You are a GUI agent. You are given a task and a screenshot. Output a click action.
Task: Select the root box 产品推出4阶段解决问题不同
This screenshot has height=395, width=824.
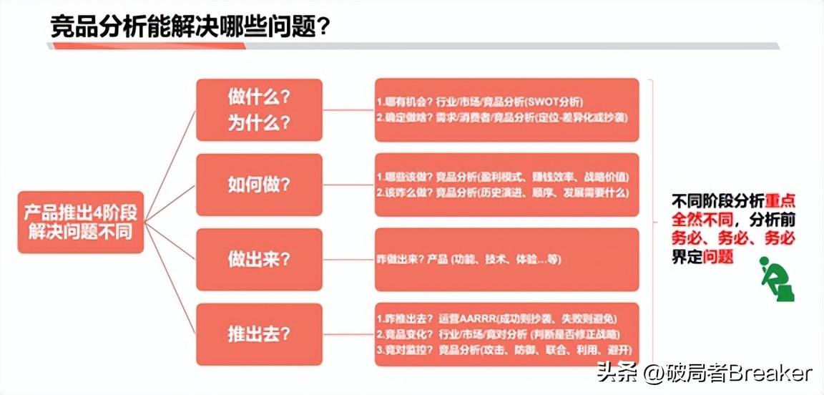80,222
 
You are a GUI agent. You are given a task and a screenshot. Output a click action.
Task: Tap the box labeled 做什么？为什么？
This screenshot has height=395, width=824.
259,109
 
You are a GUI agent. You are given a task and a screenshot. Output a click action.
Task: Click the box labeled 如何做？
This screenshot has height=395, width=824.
259,185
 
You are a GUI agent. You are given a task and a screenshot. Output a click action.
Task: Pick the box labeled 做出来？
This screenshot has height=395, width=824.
259,259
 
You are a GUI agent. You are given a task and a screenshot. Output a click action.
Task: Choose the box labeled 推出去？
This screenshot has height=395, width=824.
259,334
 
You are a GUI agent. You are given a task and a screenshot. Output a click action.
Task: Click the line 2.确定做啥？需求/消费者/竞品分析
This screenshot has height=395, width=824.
501,117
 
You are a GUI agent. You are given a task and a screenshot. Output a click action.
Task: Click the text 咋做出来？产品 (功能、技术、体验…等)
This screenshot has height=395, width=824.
469,259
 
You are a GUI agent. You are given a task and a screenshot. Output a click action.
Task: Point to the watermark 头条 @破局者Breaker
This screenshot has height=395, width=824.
705,373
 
